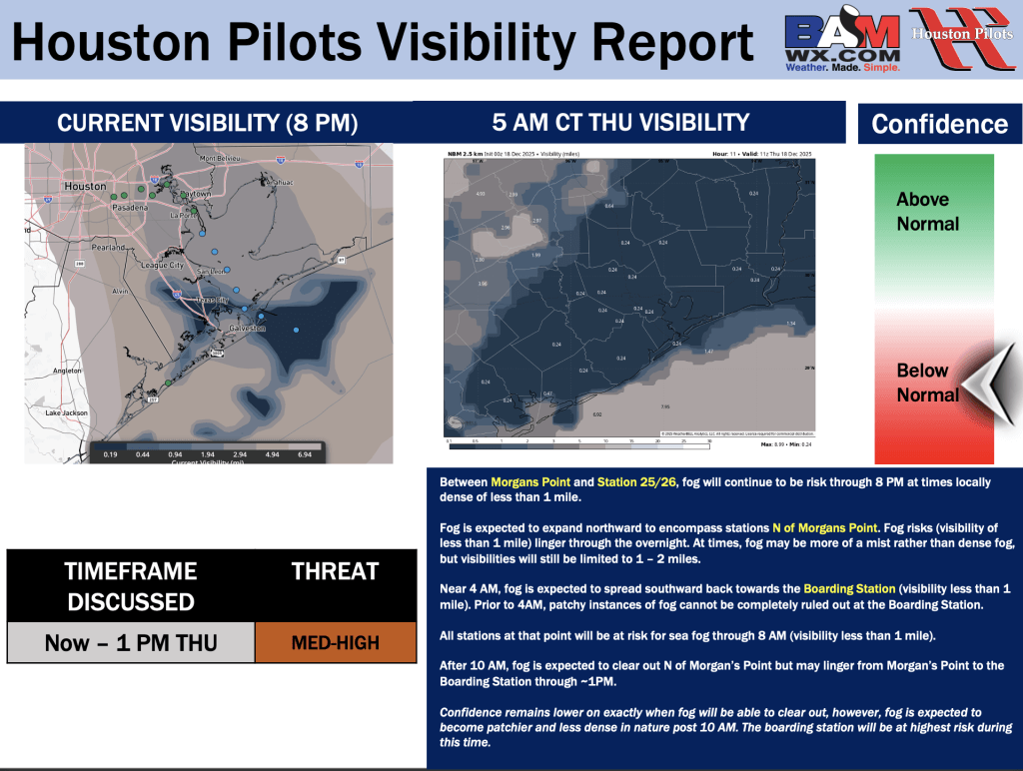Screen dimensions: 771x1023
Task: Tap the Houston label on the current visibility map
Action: tap(85, 187)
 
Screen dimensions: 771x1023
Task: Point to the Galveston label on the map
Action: tap(246, 329)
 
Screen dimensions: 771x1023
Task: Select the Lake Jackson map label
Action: tap(67, 412)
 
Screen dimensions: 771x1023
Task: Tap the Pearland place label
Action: tap(109, 247)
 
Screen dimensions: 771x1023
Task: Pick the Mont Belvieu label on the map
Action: tap(221, 159)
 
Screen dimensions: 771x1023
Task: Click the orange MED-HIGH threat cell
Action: tap(335, 643)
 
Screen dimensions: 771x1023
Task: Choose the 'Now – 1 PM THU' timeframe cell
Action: tap(131, 643)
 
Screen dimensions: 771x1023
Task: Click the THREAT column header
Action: tap(335, 571)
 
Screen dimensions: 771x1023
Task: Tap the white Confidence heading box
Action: tap(939, 125)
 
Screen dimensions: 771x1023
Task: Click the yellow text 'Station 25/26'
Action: tap(637, 482)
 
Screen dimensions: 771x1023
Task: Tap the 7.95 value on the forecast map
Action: tap(665, 406)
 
